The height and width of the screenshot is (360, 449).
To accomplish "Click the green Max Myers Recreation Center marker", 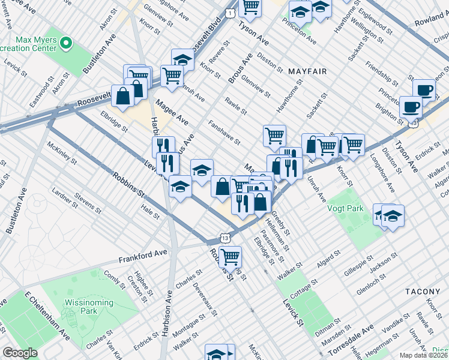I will tap(66, 43).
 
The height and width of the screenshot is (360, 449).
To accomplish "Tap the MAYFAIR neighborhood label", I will tap(307, 71).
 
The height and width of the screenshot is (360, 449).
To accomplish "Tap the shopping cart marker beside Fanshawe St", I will tap(274, 135).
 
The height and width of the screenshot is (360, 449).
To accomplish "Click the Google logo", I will tap(20, 353).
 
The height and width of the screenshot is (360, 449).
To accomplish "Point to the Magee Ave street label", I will tap(172, 113).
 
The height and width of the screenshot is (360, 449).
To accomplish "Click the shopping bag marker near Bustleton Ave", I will tap(123, 96).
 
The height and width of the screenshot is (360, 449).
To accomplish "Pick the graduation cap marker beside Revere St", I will tap(182, 60).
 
